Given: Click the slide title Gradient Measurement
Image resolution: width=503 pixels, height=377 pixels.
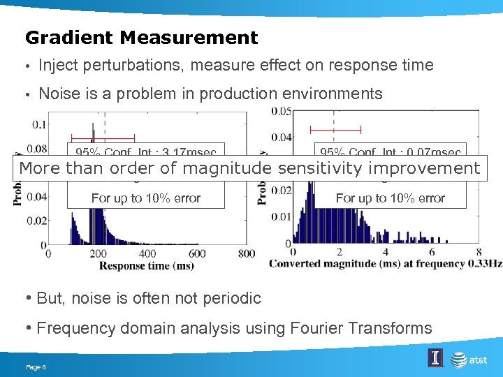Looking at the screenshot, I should (x=141, y=37).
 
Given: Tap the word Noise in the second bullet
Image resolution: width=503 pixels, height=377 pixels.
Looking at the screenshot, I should (x=60, y=94).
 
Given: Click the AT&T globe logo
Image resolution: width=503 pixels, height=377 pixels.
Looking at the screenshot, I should (x=459, y=359).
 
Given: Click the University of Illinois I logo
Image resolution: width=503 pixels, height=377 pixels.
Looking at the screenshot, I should (x=435, y=358).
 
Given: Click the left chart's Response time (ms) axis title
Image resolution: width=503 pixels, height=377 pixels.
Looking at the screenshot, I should (x=146, y=265).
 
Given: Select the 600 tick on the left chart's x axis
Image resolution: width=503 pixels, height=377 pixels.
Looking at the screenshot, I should (x=197, y=253).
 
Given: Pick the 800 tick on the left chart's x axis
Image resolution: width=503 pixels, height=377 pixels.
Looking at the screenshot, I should (x=247, y=253).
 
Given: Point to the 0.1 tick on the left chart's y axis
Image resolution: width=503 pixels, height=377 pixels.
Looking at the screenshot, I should (x=39, y=124).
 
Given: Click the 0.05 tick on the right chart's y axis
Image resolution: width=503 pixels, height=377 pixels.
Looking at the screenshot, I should (x=282, y=112).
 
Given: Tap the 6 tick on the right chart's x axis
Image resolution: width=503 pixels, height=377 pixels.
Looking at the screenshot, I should (x=432, y=252).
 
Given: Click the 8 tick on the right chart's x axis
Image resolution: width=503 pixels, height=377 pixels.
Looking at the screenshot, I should (x=479, y=252).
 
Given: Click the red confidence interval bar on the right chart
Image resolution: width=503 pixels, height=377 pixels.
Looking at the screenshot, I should (x=335, y=130).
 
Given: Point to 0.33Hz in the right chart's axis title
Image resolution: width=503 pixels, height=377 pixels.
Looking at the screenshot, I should (x=487, y=263).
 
